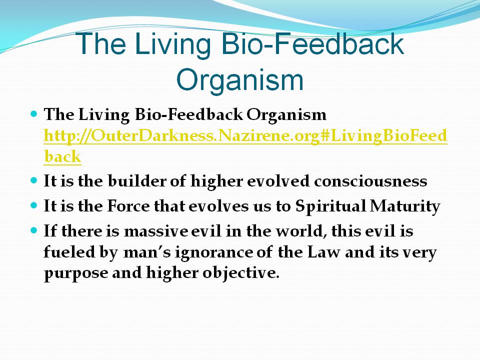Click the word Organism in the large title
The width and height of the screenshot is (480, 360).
point(239,80)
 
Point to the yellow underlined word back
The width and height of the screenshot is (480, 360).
point(62,156)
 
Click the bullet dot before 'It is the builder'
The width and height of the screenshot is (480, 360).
point(34,180)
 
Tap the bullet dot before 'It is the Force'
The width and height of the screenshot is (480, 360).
point(34,205)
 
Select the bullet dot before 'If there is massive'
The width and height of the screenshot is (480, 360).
point(34,230)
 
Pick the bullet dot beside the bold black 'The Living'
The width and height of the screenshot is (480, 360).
point(34,114)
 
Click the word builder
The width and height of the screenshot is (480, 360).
point(137,180)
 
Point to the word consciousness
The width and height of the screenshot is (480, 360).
point(370,181)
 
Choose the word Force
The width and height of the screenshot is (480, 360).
point(128,205)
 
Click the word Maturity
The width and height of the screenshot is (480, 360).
point(405,206)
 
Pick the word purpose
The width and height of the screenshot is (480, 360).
point(76,273)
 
